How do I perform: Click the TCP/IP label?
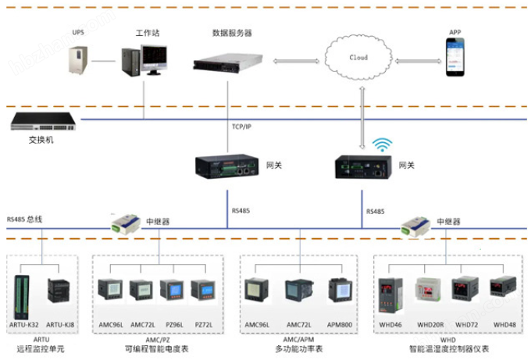tap(241, 127)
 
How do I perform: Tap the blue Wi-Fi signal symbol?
tap(382, 145)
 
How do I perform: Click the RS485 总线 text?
tap(25, 219)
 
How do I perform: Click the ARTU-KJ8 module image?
tap(60, 291)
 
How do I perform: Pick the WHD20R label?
tap(430, 323)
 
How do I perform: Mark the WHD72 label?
tap(466, 323)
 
